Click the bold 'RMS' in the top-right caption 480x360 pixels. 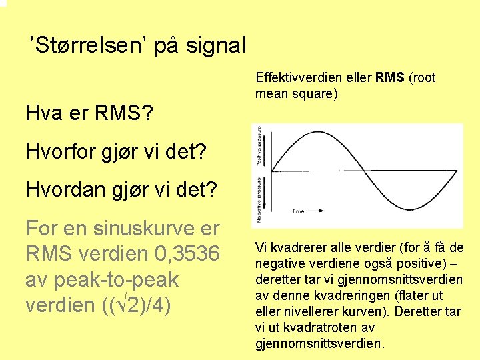tap(390, 77)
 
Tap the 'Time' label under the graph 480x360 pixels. tap(298, 211)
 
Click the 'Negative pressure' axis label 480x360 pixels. tap(258, 200)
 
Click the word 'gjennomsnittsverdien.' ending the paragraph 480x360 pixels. tap(320, 344)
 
